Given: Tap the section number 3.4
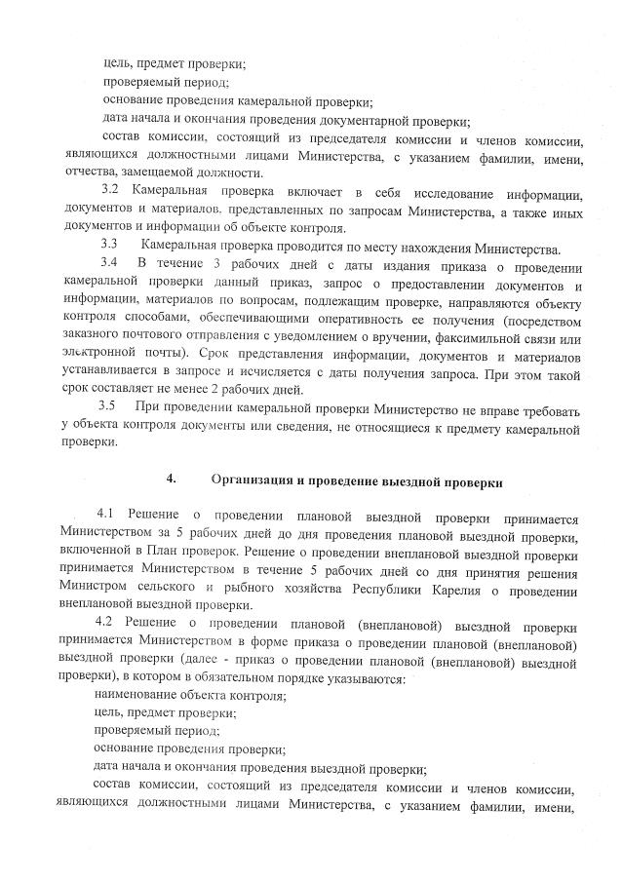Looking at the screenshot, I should coord(110,262).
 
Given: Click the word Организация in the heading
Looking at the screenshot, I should coord(254,479).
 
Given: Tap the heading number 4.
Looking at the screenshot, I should coord(170,479).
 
